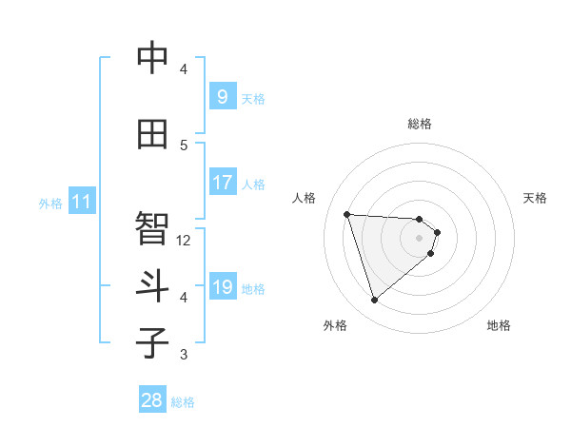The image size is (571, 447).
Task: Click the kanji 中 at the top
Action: coord(153,59)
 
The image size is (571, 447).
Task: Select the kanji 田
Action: coord(153,134)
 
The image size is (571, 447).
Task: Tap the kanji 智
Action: coord(153,227)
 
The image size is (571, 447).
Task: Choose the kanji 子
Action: coord(153,342)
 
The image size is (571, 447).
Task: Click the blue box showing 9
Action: coord(222,96)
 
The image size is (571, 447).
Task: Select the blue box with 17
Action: coord(222,182)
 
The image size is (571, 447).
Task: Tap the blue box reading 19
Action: coord(222,286)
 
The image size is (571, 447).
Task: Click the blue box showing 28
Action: coord(152,400)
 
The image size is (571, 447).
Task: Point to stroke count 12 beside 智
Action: coord(184,241)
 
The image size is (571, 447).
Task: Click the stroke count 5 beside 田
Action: coord(184,145)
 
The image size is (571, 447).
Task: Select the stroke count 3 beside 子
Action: coord(184,355)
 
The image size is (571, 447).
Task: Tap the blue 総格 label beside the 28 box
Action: coord(183,402)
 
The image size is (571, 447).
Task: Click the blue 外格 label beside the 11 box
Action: coord(49,203)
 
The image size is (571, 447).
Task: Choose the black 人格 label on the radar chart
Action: coord(305,198)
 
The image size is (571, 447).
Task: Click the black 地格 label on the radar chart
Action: coord(499,325)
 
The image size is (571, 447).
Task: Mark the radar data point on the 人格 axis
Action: coord(347,214)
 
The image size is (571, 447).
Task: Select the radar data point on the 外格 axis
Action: coord(374,301)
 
